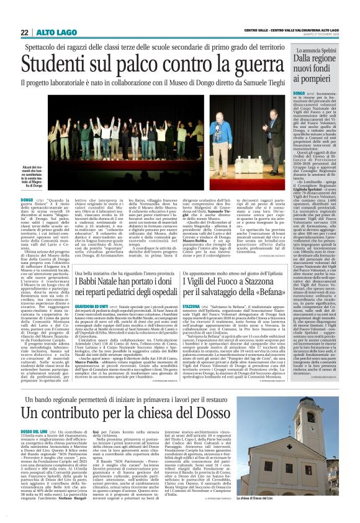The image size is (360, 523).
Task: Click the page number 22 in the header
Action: click(24, 32)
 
